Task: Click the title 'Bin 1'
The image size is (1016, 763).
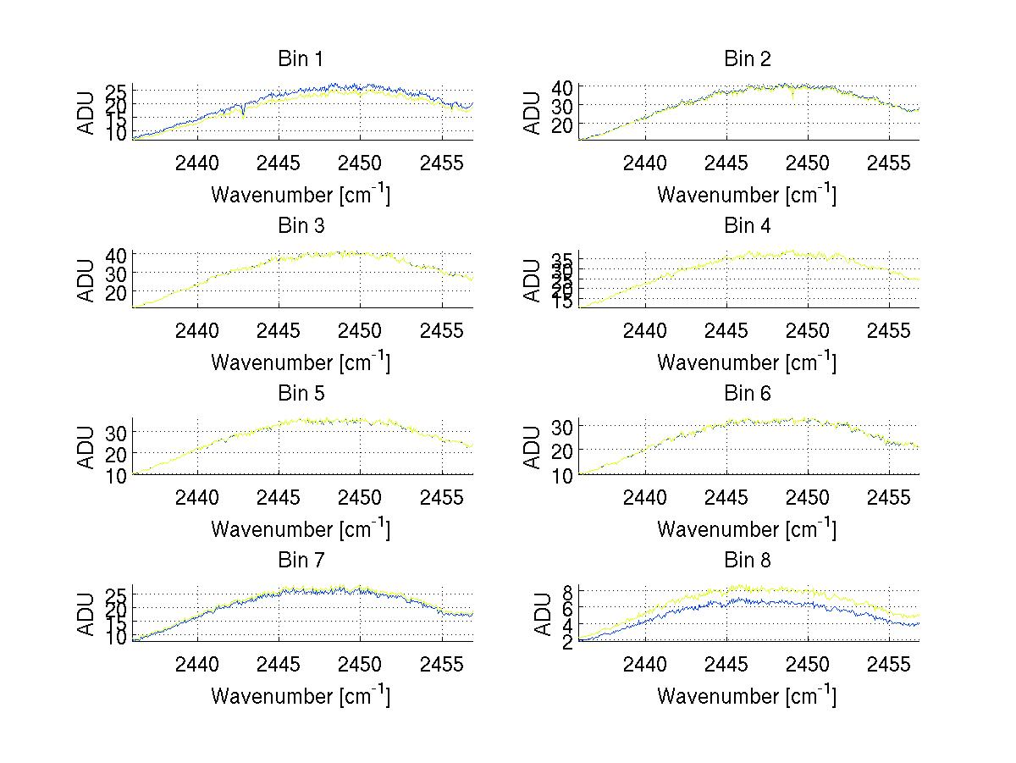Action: point(301,59)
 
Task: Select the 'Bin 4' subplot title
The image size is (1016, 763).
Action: point(747,226)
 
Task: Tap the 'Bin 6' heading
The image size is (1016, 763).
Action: point(747,394)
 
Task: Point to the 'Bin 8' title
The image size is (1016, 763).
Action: point(747,561)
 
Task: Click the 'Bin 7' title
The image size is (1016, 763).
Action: point(301,561)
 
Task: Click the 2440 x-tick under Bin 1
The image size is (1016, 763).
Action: point(198,163)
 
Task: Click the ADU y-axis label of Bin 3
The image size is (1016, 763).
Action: point(86,280)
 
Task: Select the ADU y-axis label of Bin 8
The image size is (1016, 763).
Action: point(532,615)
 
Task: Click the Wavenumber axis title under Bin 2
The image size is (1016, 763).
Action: point(747,195)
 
